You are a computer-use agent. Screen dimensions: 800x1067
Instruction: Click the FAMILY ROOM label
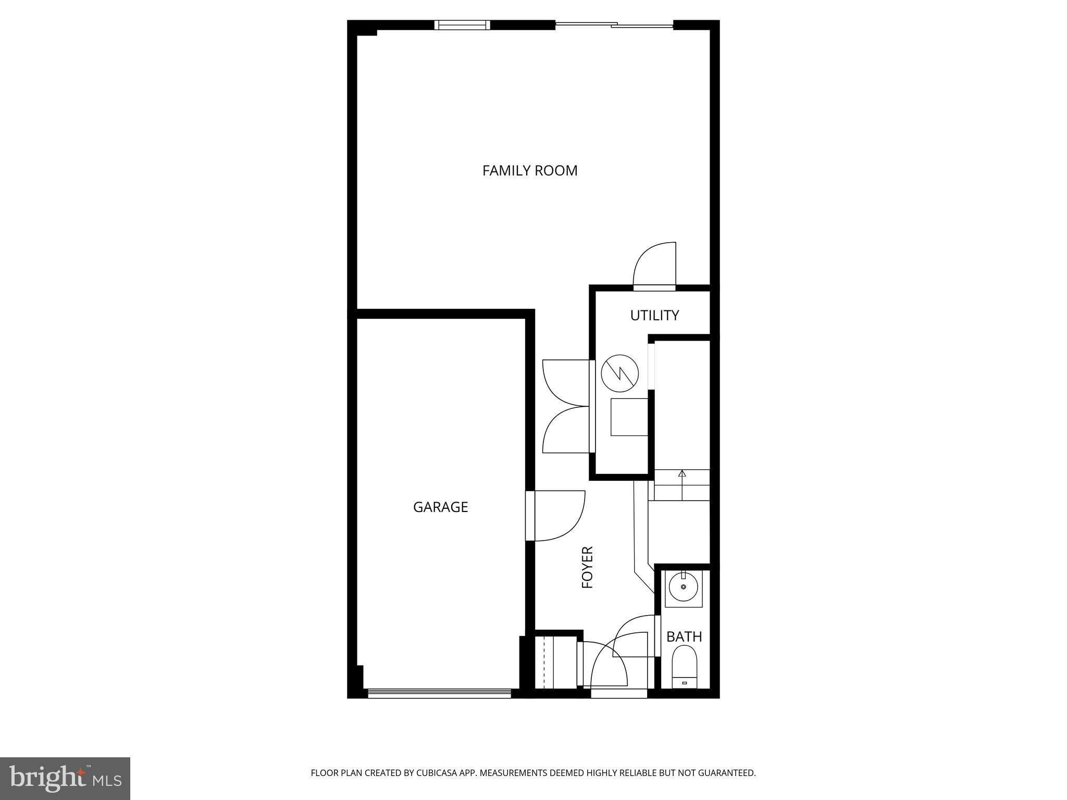pyautogui.click(x=530, y=171)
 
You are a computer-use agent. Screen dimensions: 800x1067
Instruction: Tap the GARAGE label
pyautogui.click(x=440, y=507)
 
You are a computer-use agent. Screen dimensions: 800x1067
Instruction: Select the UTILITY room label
pyautogui.click(x=654, y=315)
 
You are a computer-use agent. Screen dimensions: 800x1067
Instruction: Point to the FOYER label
pyautogui.click(x=588, y=567)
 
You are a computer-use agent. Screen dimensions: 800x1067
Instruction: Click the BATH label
pyautogui.click(x=684, y=636)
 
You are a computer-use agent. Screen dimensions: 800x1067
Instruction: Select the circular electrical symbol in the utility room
pyautogui.click(x=620, y=373)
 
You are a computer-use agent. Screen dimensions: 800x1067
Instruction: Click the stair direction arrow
pyautogui.click(x=682, y=473)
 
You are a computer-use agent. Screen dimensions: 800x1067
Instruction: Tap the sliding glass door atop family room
pyautogui.click(x=615, y=24)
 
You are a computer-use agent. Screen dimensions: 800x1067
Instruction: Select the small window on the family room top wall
pyautogui.click(x=463, y=25)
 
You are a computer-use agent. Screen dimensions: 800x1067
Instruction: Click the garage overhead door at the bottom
pyautogui.click(x=439, y=693)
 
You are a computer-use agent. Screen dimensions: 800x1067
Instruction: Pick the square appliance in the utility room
pyautogui.click(x=629, y=417)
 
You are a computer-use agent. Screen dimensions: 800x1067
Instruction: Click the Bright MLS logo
pyautogui.click(x=65, y=779)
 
